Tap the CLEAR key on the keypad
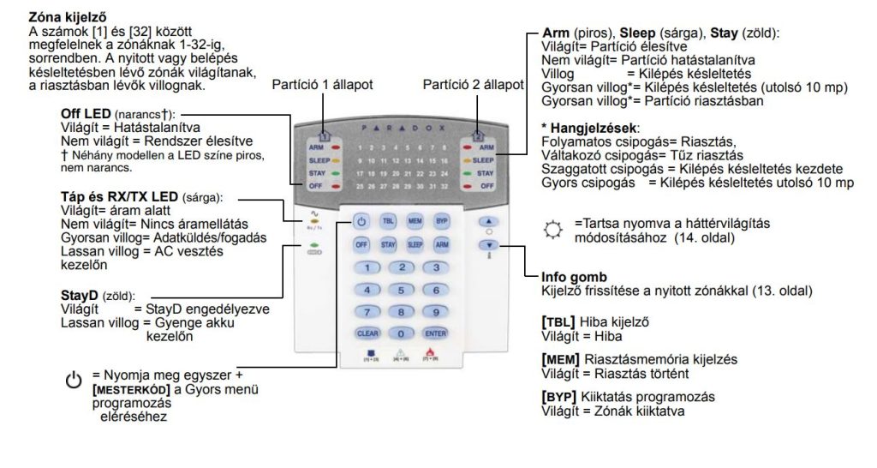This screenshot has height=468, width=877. (x=367, y=333)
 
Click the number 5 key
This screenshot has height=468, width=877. (x=402, y=290)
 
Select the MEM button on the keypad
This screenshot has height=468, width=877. (x=415, y=220)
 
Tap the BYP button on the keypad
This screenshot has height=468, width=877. (x=441, y=220)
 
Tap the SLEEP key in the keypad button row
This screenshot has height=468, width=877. (x=415, y=244)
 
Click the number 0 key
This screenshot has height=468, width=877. (x=402, y=333)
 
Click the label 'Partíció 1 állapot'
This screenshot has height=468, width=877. (x=323, y=85)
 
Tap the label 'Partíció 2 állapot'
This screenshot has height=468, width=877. (x=474, y=85)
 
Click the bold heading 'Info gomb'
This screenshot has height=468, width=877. (x=575, y=278)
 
